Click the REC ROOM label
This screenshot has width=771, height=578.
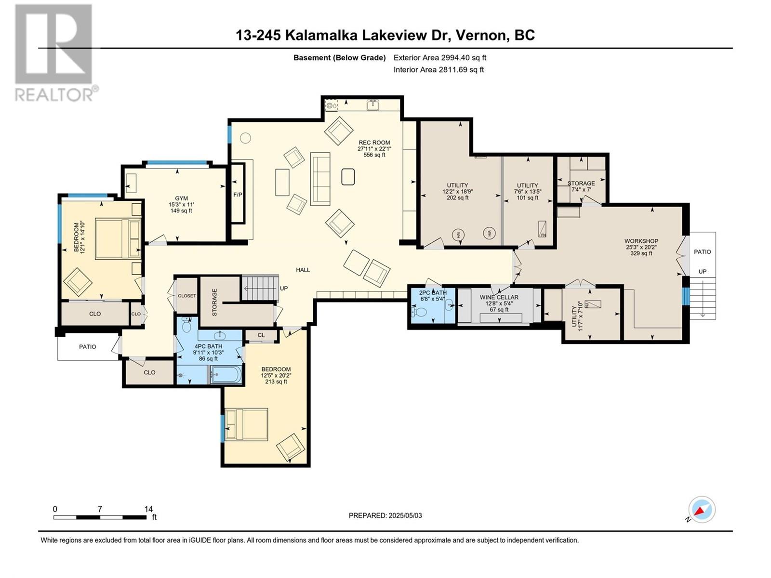(x=374, y=143)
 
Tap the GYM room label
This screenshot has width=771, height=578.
(x=182, y=198)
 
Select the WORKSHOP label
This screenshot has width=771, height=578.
(x=641, y=241)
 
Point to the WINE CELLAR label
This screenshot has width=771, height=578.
(x=499, y=297)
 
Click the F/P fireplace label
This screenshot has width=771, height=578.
(x=238, y=195)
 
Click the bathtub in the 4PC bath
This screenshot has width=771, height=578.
(x=226, y=374)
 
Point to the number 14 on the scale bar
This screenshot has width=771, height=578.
(x=148, y=509)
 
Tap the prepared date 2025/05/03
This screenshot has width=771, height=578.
(x=405, y=515)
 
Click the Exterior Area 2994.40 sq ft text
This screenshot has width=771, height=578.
(x=440, y=57)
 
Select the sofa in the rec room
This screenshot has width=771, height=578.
(x=320, y=179)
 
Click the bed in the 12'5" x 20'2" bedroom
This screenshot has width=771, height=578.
(x=246, y=424)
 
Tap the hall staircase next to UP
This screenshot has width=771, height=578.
(x=260, y=288)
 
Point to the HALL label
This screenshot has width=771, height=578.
(x=303, y=270)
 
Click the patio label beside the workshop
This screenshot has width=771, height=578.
(x=702, y=251)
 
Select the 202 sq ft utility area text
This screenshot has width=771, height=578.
(x=457, y=197)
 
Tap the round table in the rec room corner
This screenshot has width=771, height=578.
(x=246, y=138)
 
